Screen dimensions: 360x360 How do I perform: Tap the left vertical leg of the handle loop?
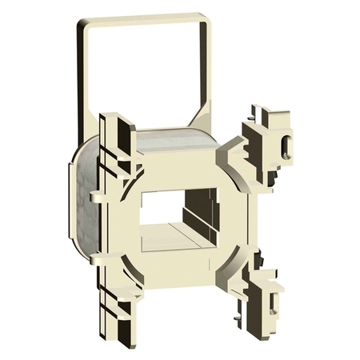(x=82, y=88)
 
